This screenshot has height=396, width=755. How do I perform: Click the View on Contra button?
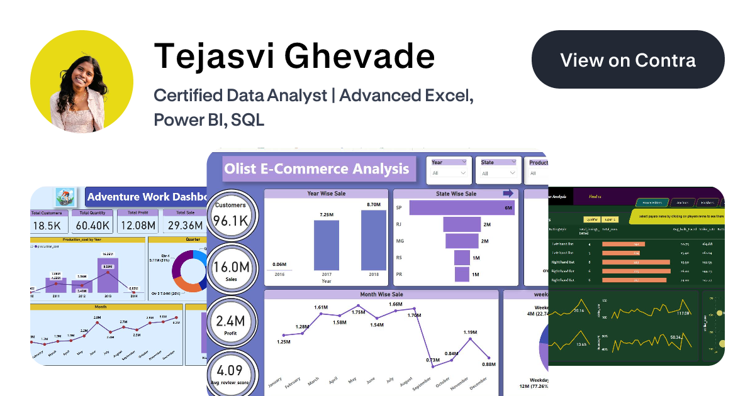tap(628, 60)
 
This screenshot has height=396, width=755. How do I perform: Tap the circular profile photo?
tap(82, 81)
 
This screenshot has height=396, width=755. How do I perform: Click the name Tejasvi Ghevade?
tap(294, 57)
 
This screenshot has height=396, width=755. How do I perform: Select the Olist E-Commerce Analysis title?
tap(316, 169)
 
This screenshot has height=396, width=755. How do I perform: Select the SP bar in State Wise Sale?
tap(462, 207)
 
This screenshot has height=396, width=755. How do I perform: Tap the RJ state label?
tap(399, 224)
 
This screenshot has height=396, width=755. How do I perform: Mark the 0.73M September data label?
tap(432, 360)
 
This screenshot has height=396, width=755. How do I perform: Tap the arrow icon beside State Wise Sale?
tap(508, 194)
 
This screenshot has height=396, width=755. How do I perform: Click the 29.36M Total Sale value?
tap(185, 225)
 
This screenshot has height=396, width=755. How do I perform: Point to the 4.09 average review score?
tap(230, 371)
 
